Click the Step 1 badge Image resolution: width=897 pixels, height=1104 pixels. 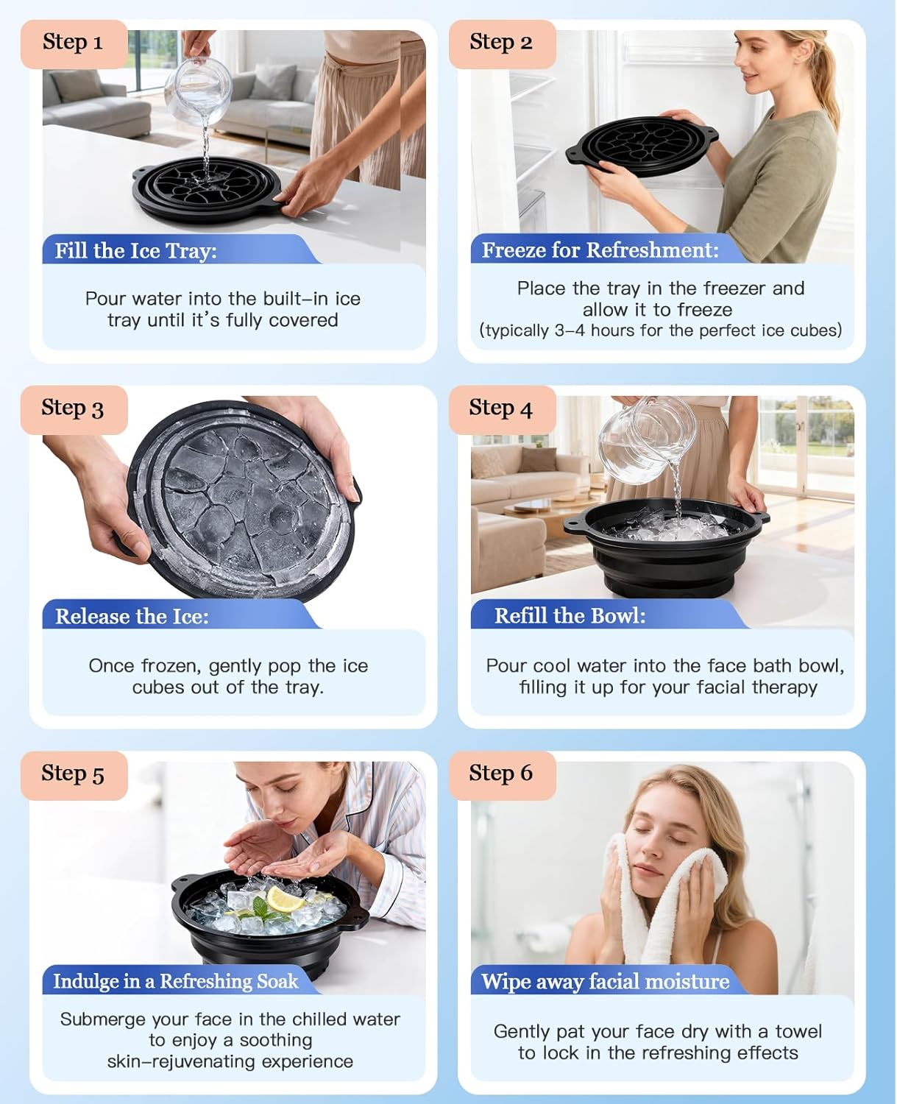[x=73, y=43]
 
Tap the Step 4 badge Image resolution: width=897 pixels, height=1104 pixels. [x=501, y=408]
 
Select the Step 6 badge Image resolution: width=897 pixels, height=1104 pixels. [x=501, y=774]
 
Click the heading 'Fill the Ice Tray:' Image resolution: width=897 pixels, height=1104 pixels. [x=136, y=251]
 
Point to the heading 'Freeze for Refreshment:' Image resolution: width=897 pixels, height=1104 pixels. [x=600, y=250]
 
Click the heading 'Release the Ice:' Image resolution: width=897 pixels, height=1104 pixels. [x=132, y=616]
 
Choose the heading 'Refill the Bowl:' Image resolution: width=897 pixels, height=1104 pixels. [x=570, y=615]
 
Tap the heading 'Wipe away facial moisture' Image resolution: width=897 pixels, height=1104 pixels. [x=605, y=981]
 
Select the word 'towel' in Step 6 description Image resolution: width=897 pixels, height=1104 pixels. [x=798, y=1031]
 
